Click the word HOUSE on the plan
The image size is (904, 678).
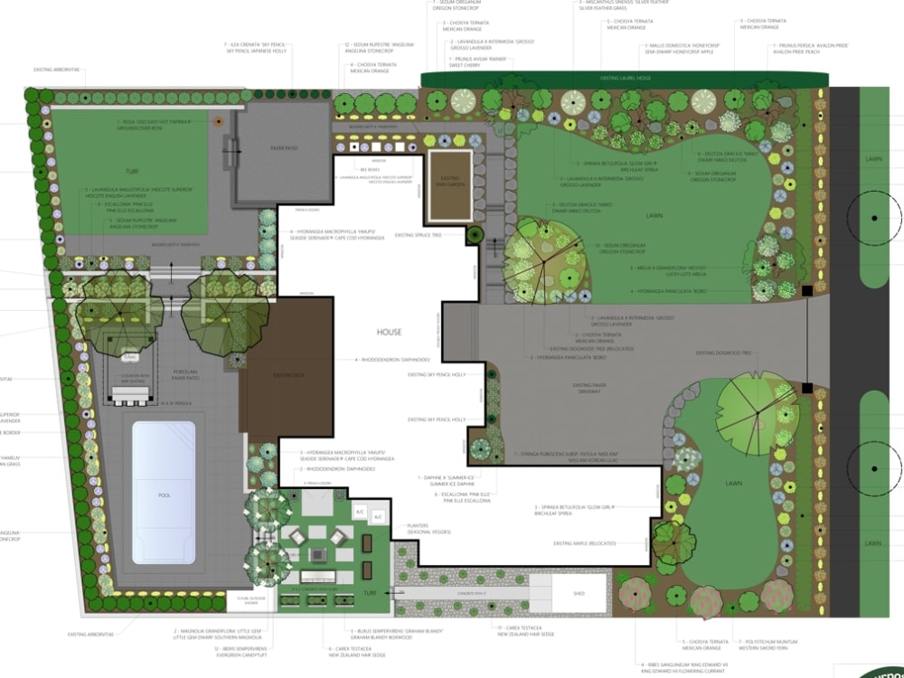pos(390,332)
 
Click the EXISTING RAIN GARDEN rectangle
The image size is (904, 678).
pos(449,185)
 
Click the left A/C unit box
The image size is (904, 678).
pos(360,512)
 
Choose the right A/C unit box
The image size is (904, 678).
pos(379,516)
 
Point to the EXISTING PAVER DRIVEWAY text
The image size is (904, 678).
pos(594,389)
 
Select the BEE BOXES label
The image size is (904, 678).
pos(369,169)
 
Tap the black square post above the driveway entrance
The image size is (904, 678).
pos(807,290)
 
